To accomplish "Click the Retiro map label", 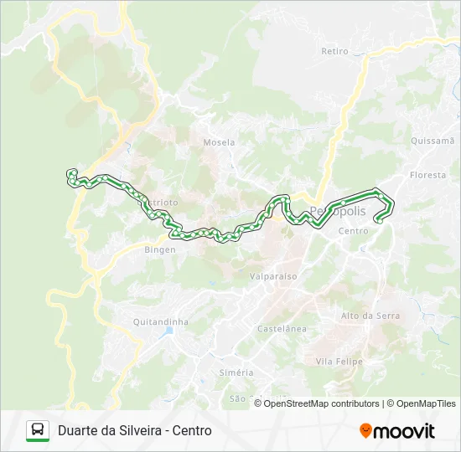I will [x=334, y=51].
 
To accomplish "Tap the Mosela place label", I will [x=219, y=142].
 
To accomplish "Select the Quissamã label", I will [x=432, y=141].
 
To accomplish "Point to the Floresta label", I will [x=428, y=175].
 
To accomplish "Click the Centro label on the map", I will [x=353, y=231].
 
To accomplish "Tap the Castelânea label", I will [x=282, y=329].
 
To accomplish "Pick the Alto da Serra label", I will [x=370, y=316].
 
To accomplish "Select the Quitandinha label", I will [x=161, y=321].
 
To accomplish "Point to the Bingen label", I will [x=160, y=249].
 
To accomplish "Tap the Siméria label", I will [x=236, y=372].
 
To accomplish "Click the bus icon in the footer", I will [x=38, y=430].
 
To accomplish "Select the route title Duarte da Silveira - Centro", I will [x=135, y=430].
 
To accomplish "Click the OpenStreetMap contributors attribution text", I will [x=322, y=403].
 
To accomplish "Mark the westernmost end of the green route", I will [x=71, y=173].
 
